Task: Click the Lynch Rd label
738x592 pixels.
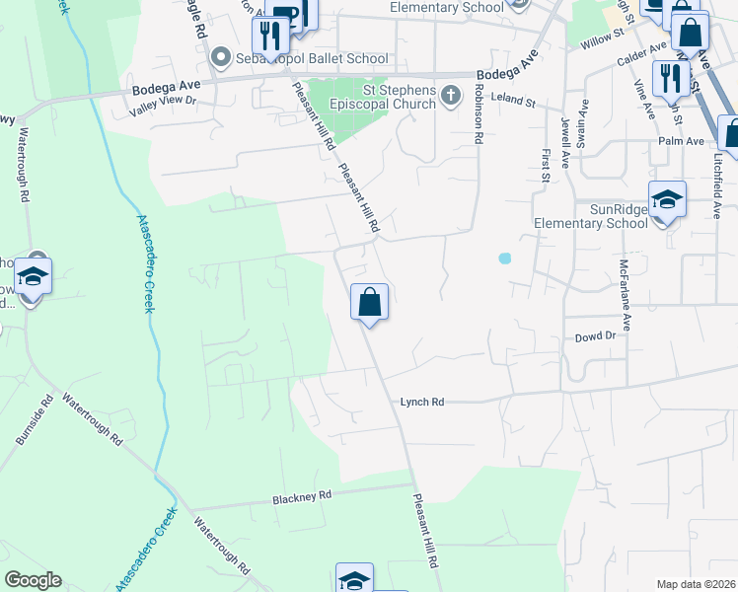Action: pos(422,402)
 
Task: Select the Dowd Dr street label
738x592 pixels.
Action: pos(595,336)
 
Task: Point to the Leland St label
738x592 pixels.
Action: pos(513,101)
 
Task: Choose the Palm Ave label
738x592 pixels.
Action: pos(680,141)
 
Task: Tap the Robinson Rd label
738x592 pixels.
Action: pos(479,114)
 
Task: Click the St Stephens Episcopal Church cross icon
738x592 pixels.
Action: pos(451,96)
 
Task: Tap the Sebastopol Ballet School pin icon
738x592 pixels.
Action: pos(221,58)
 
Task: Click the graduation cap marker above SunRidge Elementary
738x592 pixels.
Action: pos(667,199)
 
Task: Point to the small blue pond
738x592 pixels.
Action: pos(505,259)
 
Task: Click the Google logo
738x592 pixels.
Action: pos(33,580)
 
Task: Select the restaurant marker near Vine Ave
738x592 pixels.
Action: pos(670,78)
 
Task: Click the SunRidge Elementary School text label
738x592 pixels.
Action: pos(590,216)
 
